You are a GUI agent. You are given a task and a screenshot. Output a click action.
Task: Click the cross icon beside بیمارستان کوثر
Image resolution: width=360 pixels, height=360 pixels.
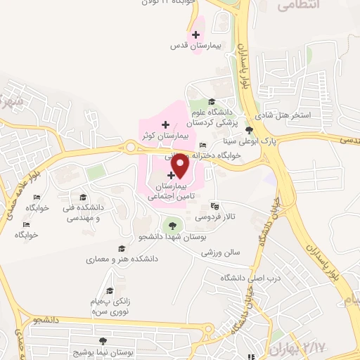pos(165,124)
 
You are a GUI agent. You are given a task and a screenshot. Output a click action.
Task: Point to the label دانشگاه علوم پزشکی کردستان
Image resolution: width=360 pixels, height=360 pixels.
pos(219,118)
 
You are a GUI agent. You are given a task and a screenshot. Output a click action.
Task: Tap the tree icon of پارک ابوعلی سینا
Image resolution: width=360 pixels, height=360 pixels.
pos(250,130)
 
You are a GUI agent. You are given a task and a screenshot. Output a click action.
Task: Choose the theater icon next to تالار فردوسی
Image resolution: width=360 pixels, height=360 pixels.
pos(214,206)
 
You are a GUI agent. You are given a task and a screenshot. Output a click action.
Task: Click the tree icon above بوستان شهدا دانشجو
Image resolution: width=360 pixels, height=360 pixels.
pos(169,226)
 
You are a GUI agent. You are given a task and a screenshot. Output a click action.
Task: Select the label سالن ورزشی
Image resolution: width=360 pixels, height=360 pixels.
pos(221,251)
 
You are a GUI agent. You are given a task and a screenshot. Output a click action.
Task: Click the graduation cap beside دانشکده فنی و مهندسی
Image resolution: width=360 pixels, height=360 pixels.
pos(83,197)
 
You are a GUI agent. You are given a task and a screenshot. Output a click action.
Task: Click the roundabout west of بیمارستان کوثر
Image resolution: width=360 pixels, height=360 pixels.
pos(130,147)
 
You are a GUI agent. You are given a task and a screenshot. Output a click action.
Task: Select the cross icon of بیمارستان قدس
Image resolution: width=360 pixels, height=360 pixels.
pos(195,34)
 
